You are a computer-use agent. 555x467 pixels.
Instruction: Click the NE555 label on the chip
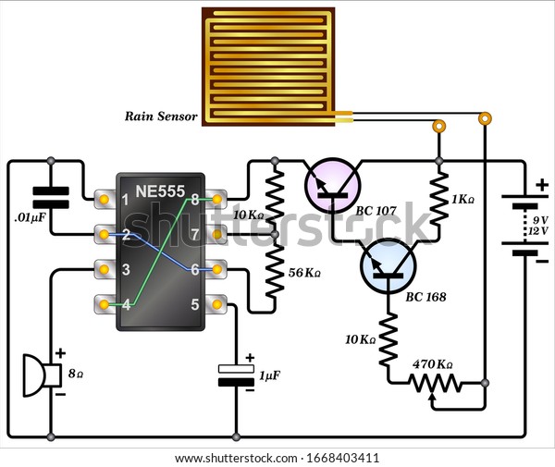click(x=160, y=191)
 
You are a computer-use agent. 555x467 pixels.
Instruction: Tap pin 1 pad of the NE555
click(x=104, y=200)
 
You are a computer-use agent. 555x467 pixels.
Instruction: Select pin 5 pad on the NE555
click(x=217, y=304)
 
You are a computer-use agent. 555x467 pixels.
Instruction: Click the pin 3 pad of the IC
click(x=104, y=270)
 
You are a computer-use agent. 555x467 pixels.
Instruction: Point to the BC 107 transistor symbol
click(x=333, y=185)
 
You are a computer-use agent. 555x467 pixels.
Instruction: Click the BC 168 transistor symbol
click(x=388, y=265)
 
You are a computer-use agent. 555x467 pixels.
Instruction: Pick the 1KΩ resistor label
click(x=463, y=200)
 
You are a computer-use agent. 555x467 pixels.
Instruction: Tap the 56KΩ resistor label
click(x=304, y=273)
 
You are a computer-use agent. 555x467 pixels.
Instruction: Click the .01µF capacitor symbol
click(x=51, y=197)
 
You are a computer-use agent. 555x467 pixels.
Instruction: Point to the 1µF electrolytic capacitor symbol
click(x=236, y=375)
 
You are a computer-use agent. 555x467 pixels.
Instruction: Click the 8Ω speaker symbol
click(x=43, y=375)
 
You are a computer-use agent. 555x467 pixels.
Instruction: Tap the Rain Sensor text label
click(x=161, y=117)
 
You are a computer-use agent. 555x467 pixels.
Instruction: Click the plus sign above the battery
click(x=541, y=185)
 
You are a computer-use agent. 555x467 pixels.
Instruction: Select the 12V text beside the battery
click(x=538, y=231)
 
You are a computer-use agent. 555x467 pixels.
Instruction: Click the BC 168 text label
click(x=425, y=297)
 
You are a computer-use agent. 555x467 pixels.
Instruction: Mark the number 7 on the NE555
click(x=195, y=234)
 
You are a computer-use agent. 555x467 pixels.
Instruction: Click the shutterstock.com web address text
click(x=236, y=458)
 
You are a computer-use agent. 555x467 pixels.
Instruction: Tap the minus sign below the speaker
click(x=60, y=394)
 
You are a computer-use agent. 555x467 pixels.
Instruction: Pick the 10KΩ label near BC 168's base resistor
click(x=360, y=340)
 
